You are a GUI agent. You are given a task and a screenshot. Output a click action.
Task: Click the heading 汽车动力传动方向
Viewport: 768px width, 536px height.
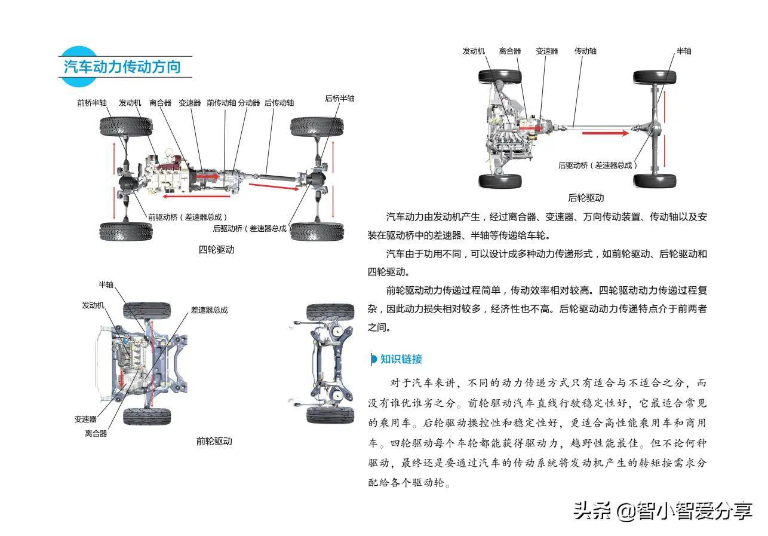coord(122,66)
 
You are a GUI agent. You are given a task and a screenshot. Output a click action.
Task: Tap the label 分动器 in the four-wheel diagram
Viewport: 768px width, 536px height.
coord(249,103)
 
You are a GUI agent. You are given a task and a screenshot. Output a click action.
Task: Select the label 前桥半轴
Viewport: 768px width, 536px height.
coord(92,103)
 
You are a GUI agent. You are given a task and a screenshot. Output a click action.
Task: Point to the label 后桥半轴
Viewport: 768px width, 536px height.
coord(340,98)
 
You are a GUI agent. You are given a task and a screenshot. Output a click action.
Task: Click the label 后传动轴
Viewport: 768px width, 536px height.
coord(279,103)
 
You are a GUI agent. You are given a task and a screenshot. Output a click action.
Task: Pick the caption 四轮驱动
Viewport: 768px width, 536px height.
coord(216,250)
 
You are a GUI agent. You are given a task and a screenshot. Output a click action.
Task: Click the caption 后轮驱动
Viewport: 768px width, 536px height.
coord(586,198)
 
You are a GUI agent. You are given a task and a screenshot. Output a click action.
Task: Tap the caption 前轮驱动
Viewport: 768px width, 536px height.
coord(214,442)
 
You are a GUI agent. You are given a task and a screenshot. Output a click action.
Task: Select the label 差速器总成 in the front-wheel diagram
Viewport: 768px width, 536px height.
coord(209,310)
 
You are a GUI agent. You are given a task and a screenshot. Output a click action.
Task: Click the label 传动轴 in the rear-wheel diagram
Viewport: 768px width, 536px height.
coord(585,51)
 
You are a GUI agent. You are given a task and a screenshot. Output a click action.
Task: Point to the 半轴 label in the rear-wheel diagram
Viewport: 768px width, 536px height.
coord(684,51)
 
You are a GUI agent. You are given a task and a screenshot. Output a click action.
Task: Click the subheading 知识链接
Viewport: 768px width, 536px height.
coord(401,359)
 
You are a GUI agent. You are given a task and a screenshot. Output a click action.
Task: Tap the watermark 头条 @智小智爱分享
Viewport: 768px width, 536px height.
coord(662,510)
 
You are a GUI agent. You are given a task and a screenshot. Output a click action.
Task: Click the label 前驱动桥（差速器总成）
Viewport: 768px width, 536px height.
coord(188,217)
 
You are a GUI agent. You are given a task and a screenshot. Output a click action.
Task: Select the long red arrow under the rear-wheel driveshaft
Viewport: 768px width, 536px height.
coord(605,133)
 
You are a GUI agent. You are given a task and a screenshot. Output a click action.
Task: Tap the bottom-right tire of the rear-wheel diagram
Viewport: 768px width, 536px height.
coord(655,180)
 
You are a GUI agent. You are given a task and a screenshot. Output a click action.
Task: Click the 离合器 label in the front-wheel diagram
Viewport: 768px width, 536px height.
coord(96,434)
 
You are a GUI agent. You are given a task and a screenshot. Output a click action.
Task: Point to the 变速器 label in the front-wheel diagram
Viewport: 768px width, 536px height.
coord(85,419)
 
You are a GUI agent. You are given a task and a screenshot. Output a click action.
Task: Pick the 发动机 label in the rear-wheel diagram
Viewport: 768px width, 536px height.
coord(474,51)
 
